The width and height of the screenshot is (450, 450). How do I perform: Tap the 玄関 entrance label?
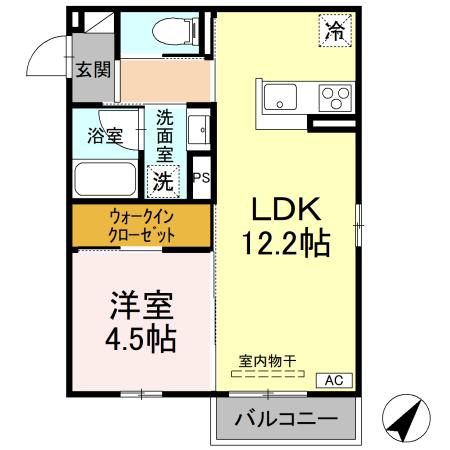[93, 70]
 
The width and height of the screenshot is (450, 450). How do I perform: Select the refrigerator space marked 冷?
[335, 31]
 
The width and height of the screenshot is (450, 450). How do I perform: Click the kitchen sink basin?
[280, 97]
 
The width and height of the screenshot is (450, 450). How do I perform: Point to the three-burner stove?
[335, 98]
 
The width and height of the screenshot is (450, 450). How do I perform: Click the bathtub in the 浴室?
[105, 179]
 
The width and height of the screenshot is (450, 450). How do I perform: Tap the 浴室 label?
[105, 136]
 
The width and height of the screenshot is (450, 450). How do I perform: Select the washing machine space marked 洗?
[163, 182]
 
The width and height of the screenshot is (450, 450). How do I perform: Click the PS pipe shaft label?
[201, 177]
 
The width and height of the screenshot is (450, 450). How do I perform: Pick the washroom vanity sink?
[199, 129]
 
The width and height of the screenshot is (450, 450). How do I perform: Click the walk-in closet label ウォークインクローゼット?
[141, 226]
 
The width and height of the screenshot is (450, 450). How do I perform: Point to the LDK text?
[286, 209]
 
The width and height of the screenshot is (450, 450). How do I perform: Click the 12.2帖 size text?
[286, 243]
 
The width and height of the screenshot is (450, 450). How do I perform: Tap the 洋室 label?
[141, 306]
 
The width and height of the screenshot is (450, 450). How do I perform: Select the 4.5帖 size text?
[141, 339]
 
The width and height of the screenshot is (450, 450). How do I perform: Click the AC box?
[334, 380]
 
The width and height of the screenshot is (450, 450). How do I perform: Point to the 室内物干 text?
[267, 361]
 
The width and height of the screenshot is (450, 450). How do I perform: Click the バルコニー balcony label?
[286, 419]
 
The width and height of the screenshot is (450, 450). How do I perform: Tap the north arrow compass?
[406, 418]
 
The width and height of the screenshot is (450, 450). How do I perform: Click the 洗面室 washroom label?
[165, 136]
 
